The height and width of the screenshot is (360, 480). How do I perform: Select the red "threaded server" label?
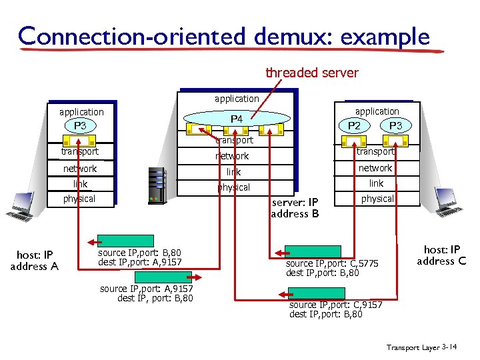[x=312, y=73]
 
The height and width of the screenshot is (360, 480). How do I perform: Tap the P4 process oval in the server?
[x=237, y=119]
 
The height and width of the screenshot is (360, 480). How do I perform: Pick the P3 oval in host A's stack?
[x=80, y=126]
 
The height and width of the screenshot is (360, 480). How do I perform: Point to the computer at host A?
[x=21, y=206]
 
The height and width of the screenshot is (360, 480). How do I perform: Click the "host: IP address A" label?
[x=34, y=261]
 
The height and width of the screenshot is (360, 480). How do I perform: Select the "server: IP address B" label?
[x=294, y=208]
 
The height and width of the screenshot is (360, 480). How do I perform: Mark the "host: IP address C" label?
[x=441, y=255]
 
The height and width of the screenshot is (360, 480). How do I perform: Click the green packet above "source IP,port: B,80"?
[x=117, y=241]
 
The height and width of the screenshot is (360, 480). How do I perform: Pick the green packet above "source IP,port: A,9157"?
[x=164, y=277]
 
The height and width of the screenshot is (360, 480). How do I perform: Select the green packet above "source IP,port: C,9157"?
[x=316, y=293]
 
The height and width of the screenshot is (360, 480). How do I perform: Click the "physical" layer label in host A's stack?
[x=79, y=199]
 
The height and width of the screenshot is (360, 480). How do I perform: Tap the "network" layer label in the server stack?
[x=232, y=156]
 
